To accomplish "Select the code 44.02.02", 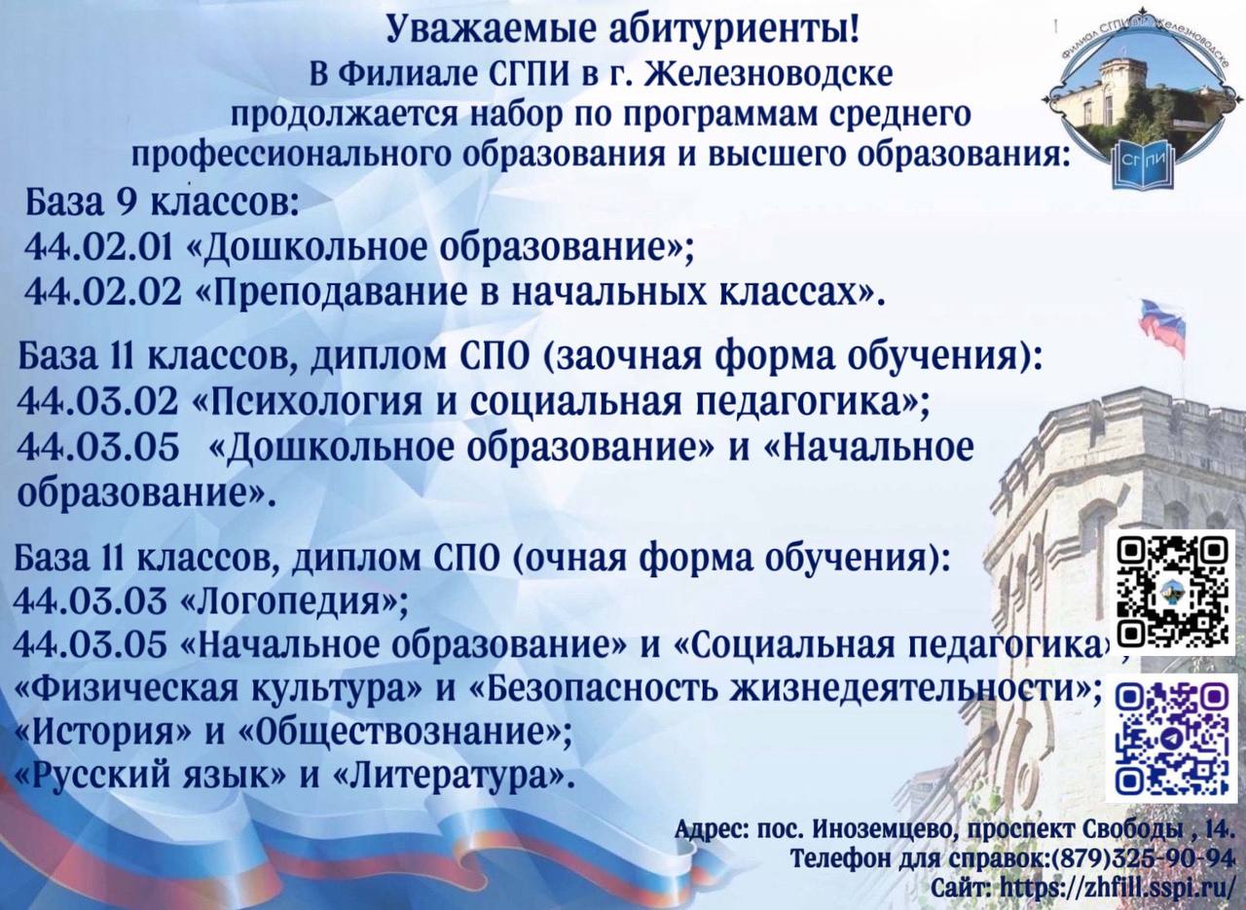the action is click(x=103, y=292).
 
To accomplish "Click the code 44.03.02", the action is click(x=98, y=402).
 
